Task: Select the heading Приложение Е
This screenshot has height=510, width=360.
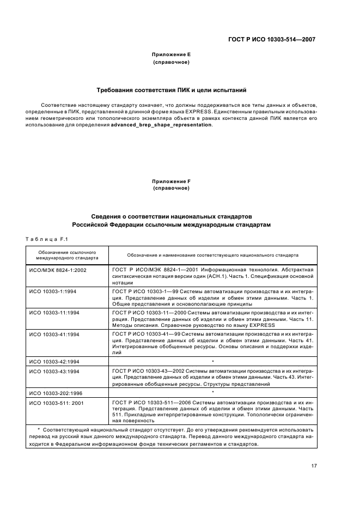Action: [x=172, y=55]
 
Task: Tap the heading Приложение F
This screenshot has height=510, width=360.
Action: [x=172, y=181]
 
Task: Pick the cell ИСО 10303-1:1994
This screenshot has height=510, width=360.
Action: [x=53, y=292]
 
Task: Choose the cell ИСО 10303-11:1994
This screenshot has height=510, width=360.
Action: [x=54, y=313]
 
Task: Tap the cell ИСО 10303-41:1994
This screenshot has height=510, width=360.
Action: [x=54, y=334]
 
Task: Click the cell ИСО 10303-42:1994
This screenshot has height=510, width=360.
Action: [x=54, y=361]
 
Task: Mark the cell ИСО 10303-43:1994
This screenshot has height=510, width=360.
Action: [x=54, y=372]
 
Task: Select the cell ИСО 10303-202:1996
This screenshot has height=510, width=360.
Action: [x=56, y=392]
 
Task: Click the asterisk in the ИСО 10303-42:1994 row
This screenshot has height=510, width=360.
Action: [x=212, y=361]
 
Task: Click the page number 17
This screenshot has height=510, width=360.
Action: [x=314, y=465]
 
